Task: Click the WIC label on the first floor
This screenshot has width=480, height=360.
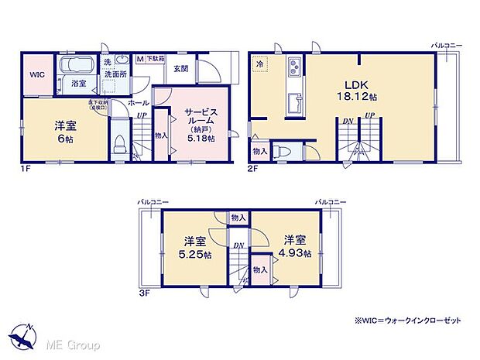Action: (36, 75)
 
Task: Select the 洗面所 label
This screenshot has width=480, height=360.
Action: (120, 75)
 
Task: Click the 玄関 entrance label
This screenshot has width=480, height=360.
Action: (180, 68)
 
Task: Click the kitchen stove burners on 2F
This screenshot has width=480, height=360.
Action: (295, 67)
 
